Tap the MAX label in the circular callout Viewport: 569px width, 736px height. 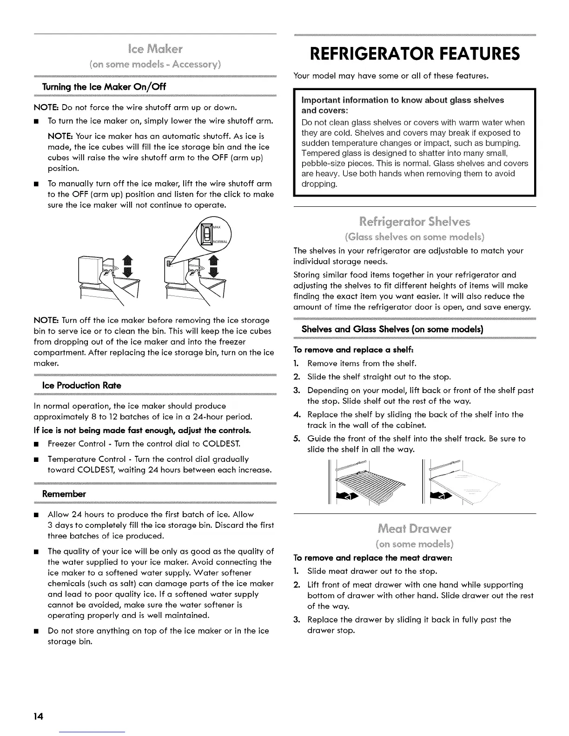point(217,227)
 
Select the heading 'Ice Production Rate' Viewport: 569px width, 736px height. point(81,386)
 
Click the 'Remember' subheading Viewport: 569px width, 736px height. point(64,493)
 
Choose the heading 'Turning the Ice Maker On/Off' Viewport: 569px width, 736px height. point(104,87)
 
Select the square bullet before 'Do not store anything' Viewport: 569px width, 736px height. point(37,631)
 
